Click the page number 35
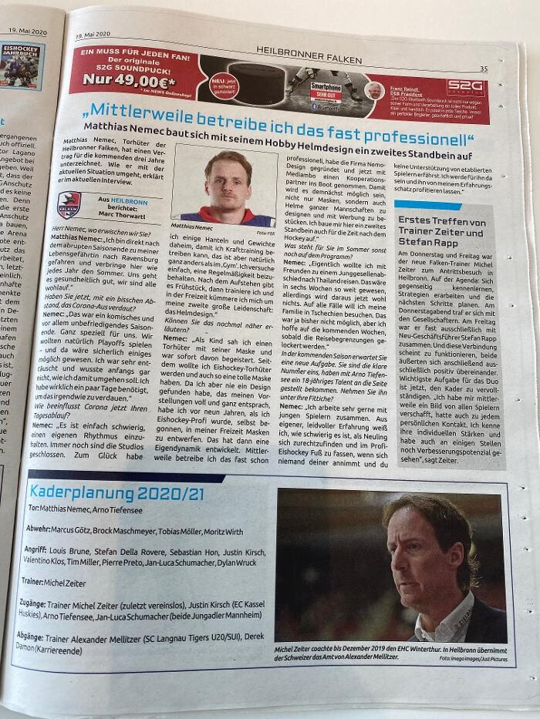483,69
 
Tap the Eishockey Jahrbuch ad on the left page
22,66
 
